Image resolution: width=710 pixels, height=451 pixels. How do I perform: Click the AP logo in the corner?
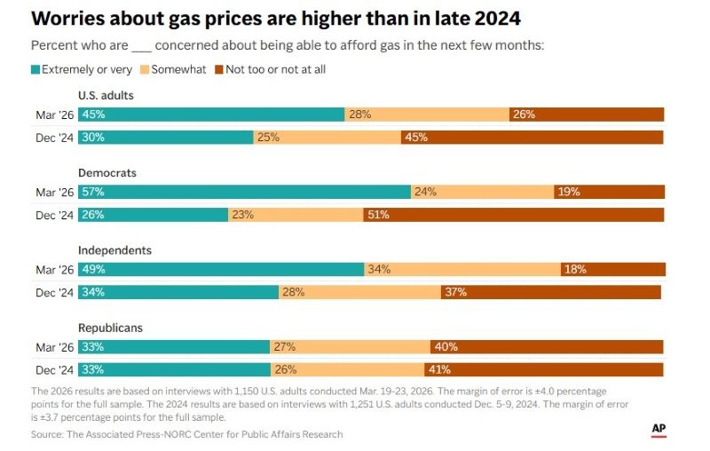659,429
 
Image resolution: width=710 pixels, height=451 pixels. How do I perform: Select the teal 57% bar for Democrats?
244,192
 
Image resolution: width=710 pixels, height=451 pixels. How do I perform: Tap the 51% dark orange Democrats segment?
513,215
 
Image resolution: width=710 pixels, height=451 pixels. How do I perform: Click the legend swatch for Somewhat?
146,69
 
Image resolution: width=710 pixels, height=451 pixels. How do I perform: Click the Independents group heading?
114,250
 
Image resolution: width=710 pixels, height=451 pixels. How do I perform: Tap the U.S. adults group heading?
106,95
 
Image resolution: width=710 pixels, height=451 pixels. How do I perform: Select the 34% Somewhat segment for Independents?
461,269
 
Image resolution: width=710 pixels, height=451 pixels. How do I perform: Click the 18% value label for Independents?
575,269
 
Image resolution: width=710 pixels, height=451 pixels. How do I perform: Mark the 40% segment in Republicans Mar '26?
547,346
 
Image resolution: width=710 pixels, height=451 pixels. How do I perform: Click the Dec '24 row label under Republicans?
53,369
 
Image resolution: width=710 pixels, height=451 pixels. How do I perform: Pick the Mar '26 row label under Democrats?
53,192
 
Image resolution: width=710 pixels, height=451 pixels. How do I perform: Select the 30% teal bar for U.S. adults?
166,138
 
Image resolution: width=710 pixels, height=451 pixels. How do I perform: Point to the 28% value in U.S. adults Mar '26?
359,115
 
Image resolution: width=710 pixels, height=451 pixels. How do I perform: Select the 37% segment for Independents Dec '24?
550,292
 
